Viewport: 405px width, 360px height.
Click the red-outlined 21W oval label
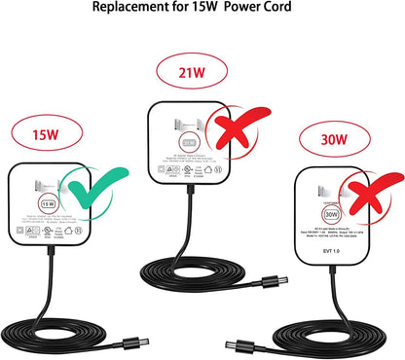191,71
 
